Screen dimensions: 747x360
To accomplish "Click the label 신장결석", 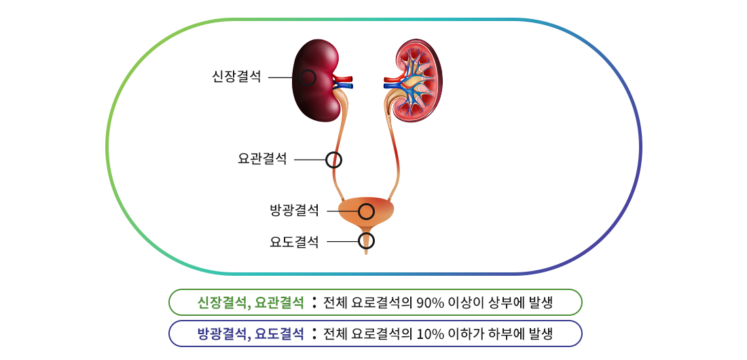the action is (x=236, y=77).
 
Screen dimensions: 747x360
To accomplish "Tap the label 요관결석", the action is (x=262, y=159).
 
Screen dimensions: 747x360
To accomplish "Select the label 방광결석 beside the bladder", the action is (x=295, y=211).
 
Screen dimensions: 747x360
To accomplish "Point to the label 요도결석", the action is (x=295, y=242).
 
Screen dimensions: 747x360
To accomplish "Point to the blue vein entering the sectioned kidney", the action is (x=393, y=86).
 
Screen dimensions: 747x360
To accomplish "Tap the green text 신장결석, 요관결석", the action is (x=251, y=302).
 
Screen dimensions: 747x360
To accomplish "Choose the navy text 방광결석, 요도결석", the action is (x=251, y=334).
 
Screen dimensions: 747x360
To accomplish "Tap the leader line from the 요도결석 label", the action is (x=342, y=242).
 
